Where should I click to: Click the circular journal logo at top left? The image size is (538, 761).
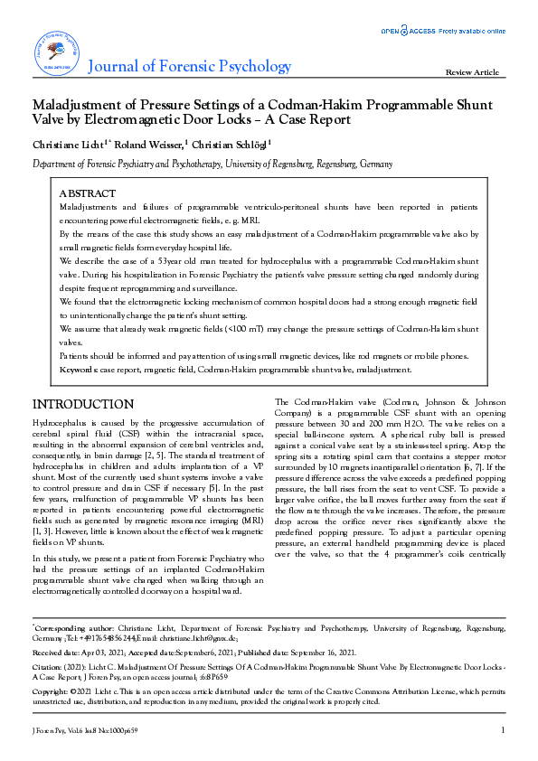click(x=56, y=52)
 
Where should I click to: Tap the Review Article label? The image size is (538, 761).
click(x=472, y=72)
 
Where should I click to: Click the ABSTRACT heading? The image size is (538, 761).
click(x=87, y=193)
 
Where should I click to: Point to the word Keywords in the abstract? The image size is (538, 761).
click(x=80, y=370)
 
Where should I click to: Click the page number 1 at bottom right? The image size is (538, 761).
click(x=502, y=729)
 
